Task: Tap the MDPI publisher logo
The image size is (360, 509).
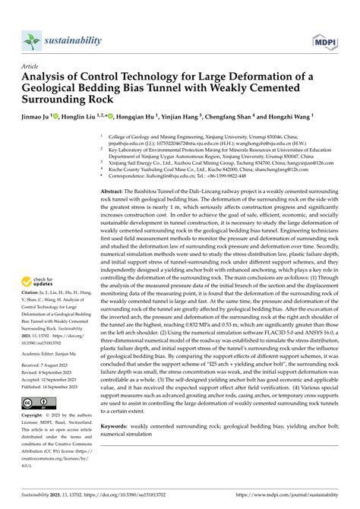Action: (x=324, y=40)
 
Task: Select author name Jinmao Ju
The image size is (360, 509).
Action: (x=43, y=118)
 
